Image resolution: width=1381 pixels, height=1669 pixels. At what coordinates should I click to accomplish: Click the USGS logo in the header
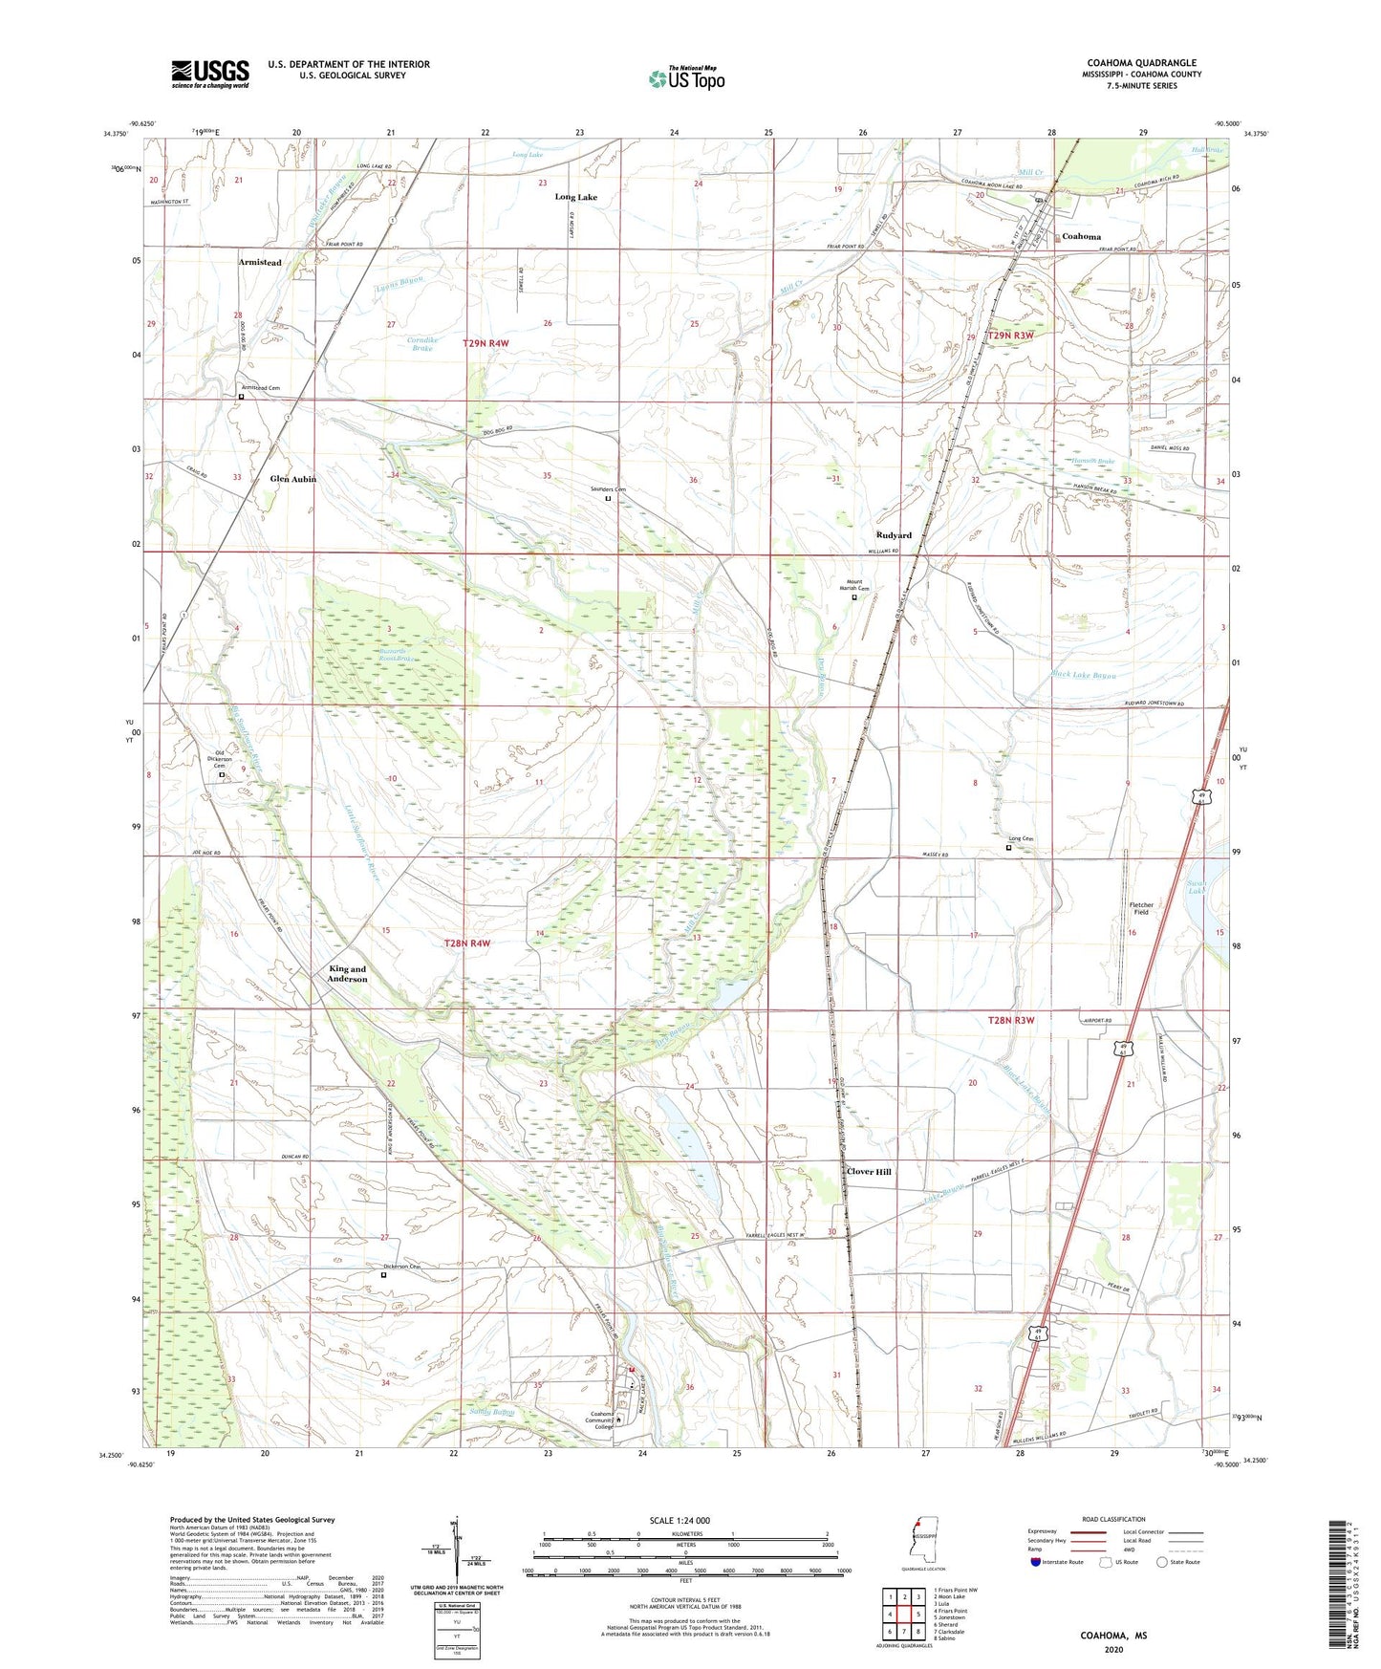(210, 74)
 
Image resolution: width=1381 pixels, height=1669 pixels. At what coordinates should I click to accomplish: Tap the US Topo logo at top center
(686, 78)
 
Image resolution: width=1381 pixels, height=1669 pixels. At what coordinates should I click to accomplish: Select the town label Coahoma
(1081, 236)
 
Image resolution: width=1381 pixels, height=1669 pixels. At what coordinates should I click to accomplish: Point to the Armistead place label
(260, 262)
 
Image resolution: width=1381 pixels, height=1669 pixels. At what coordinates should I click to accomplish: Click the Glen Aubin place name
(292, 479)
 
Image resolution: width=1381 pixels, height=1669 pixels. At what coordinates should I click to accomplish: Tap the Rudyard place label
(894, 535)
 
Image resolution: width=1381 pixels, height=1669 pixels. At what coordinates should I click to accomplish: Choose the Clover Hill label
(869, 1171)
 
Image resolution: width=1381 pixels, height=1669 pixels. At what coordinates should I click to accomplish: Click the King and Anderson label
(347, 974)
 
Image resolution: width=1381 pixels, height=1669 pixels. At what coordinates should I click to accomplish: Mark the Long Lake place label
(575, 197)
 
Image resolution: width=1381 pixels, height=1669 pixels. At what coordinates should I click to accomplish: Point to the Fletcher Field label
(1141, 908)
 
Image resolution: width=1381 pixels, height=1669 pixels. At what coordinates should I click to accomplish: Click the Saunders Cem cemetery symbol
(608, 498)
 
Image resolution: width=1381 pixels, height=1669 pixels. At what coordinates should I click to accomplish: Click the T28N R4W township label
(467, 943)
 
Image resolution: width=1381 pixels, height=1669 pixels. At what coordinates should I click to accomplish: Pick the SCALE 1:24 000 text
(679, 1520)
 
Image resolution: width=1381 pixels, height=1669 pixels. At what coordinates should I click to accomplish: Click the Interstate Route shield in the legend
(1037, 1562)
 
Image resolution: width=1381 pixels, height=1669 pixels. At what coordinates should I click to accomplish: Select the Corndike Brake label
(421, 344)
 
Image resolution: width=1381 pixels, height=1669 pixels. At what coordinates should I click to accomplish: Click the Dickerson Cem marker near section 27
(384, 1274)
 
